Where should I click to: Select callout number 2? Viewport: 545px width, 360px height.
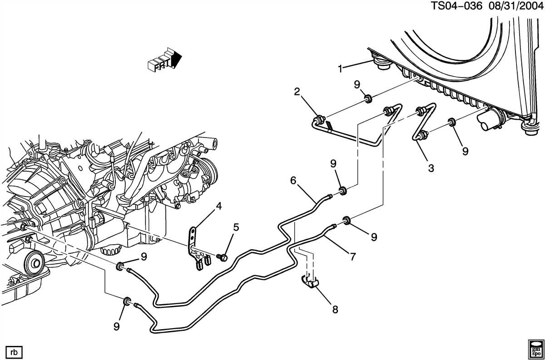click(x=297, y=92)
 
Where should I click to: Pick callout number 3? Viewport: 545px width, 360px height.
click(x=431, y=168)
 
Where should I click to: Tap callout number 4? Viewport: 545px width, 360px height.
click(x=218, y=207)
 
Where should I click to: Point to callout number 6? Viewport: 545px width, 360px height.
click(x=293, y=181)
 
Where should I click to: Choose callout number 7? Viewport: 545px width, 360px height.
click(x=352, y=256)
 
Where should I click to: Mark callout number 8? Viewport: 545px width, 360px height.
click(x=335, y=310)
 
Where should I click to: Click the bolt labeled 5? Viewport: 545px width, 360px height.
click(x=223, y=257)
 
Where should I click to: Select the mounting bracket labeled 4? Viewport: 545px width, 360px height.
click(x=195, y=245)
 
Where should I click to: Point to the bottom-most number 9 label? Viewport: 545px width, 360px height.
click(x=117, y=326)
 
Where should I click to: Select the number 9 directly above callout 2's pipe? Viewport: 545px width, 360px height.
click(x=357, y=84)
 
